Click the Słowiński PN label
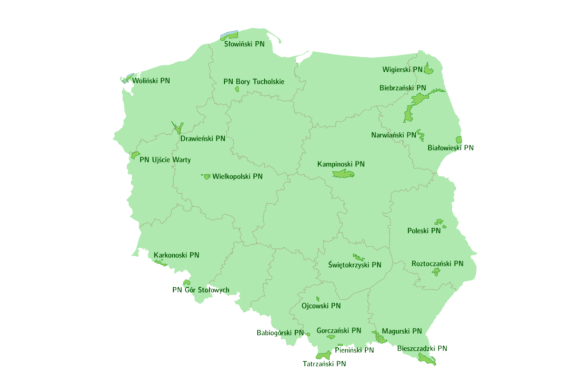tap(244, 44)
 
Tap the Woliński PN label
tap(151, 81)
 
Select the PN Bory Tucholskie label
tap(254, 81)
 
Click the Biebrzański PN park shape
tap(414, 109)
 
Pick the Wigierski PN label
tap(402, 70)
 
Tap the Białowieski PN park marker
tap(459, 140)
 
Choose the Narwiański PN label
tap(393, 135)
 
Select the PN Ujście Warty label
tap(165, 160)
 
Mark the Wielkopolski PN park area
tap(206, 177)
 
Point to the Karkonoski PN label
tap(177, 255)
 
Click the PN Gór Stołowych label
tap(201, 290)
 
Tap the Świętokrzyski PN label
tap(355, 265)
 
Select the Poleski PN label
tap(424, 231)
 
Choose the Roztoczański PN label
tap(437, 264)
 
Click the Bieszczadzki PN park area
tap(427, 359)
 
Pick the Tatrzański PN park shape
tap(323, 355)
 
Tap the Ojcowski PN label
tap(321, 306)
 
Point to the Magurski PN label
tap(402, 331)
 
